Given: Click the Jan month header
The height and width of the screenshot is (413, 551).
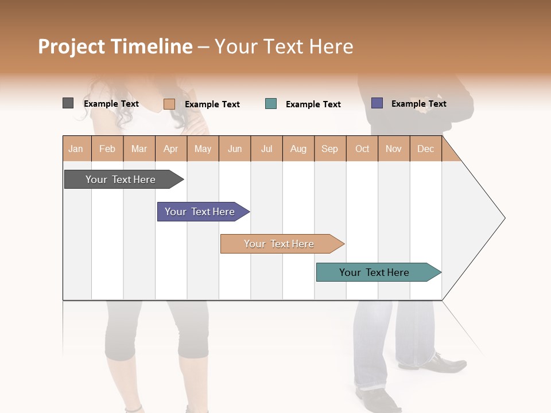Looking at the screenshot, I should (x=76, y=149).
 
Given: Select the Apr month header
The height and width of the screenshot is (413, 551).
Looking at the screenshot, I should (x=171, y=149).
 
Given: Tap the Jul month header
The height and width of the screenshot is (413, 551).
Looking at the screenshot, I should (x=266, y=149).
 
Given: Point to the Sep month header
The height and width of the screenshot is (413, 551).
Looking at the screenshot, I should (x=330, y=149).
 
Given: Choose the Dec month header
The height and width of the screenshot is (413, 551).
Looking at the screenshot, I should (x=425, y=149).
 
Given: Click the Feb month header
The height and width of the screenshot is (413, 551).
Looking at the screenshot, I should (x=107, y=149).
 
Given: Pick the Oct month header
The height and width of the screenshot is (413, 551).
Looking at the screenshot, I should (x=362, y=149).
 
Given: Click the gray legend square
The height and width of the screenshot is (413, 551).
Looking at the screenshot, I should (x=68, y=103).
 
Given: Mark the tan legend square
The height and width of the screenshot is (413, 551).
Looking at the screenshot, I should (x=169, y=104).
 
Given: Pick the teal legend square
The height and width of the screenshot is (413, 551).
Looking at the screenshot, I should (x=271, y=104).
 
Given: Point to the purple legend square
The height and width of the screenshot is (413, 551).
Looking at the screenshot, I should (x=377, y=103).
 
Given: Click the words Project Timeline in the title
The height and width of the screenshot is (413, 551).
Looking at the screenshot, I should (x=115, y=46).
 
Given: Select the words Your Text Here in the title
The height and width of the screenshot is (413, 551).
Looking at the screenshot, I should (x=284, y=46).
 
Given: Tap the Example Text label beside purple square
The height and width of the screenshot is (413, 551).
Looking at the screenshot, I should (x=418, y=104).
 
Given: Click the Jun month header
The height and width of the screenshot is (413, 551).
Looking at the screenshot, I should (x=235, y=149).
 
